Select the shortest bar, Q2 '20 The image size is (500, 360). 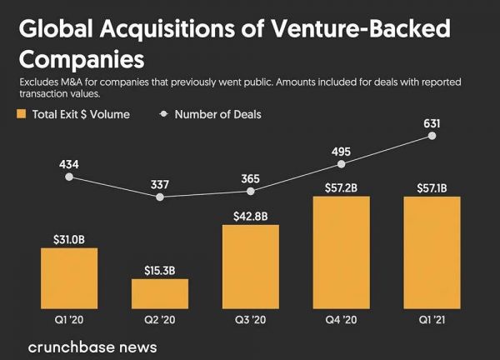click(160, 293)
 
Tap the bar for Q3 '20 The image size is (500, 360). click(251, 267)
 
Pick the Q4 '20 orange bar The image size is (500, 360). click(341, 252)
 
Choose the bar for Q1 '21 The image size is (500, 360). click(432, 252)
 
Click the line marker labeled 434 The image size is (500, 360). click(69, 177)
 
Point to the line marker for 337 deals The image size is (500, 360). click(160, 197)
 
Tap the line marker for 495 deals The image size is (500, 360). click(341, 164)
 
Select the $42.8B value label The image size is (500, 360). click(251, 217)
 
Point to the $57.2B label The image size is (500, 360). click(341, 188)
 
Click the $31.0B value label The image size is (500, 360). click(69, 240)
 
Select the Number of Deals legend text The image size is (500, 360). click(217, 114)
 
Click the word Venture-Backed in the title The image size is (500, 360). click(357, 30)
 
